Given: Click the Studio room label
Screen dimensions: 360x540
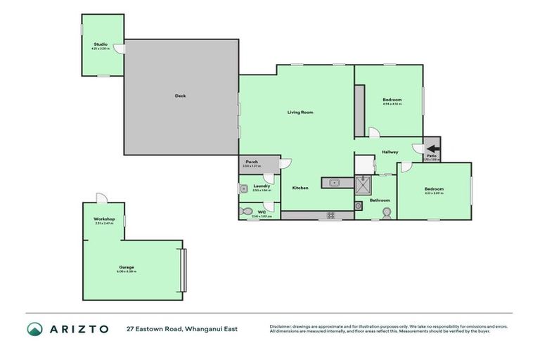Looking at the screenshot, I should point(101,44).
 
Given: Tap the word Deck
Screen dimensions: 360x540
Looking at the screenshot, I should point(181,96).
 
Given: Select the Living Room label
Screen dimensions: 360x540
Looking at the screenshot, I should point(300,112).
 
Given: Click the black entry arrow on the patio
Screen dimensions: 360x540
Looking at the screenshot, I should point(432,148).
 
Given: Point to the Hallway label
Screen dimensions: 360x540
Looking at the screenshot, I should point(390,152).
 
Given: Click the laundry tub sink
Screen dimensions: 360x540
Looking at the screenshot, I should point(243,188).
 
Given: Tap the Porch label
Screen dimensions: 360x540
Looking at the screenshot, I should point(251,162).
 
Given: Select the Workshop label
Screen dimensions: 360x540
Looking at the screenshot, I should point(104,219).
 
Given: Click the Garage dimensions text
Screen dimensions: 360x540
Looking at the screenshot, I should point(127,271).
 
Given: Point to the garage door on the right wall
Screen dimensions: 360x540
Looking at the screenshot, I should point(184,270).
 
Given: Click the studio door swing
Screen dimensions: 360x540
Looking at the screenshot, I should point(120,49).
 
